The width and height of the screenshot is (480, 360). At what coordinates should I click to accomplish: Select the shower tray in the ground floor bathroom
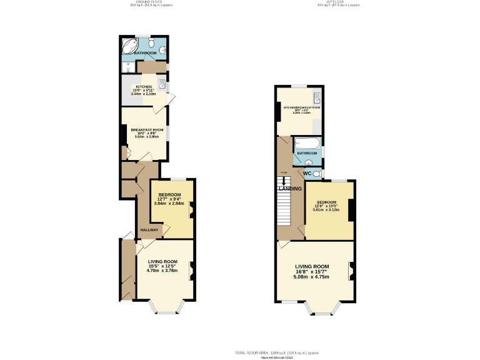(x=128, y=67)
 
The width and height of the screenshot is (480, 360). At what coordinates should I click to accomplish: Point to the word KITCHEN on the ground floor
(x=144, y=87)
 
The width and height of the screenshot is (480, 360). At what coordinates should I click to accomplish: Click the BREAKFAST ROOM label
(x=147, y=129)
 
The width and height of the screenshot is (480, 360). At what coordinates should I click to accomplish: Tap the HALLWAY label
(x=149, y=230)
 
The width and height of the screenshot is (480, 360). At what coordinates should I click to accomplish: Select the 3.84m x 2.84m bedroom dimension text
(x=169, y=203)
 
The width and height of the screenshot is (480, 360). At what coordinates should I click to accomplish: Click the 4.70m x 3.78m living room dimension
(x=162, y=271)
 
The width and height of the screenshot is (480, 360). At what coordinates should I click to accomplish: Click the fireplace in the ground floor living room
(x=192, y=269)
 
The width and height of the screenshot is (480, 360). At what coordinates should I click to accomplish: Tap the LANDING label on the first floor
(x=291, y=189)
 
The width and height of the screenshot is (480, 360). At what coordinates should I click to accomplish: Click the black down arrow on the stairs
(x=285, y=181)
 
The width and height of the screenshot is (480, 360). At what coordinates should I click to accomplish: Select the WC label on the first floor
(x=307, y=173)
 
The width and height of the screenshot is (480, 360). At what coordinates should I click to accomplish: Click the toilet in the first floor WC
(x=319, y=173)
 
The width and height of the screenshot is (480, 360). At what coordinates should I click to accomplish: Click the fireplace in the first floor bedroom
(x=352, y=209)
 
